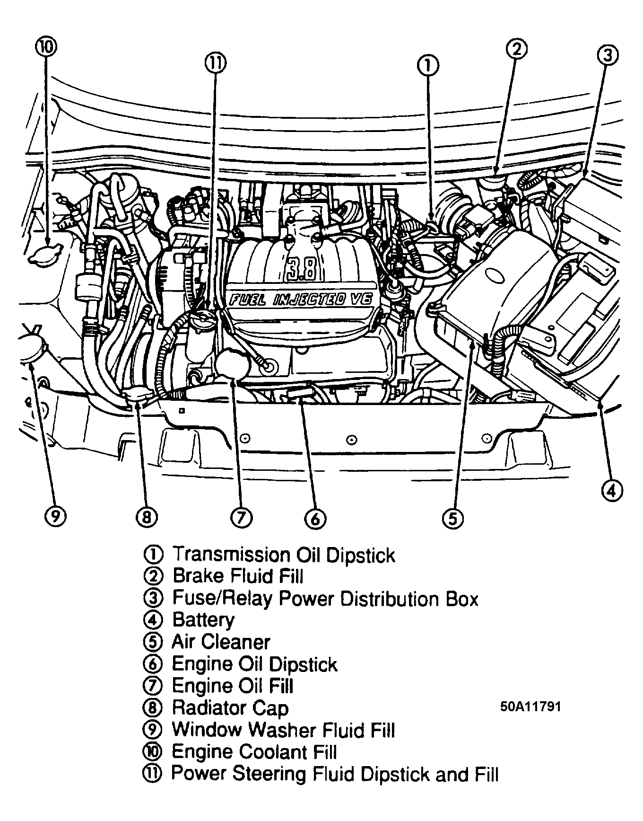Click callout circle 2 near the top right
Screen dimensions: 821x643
coord(517,49)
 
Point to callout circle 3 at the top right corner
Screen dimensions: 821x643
coord(608,55)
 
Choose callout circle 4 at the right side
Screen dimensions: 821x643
coord(611,490)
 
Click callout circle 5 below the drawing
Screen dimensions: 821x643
coord(452,519)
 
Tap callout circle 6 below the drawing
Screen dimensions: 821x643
coord(315,519)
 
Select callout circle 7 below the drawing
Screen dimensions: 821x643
coord(241,518)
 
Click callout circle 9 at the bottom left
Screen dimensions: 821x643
coord(55,516)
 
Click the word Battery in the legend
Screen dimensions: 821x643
coord(203,619)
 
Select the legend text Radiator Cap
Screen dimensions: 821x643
coord(230,708)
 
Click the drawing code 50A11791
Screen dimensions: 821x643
coord(530,707)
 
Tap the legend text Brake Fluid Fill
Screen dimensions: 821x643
coord(237,576)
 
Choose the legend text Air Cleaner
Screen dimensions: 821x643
coord(221,642)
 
